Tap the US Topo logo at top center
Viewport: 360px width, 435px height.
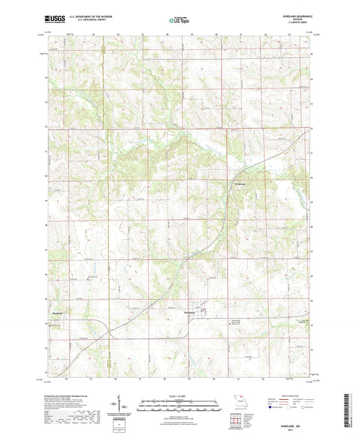[179, 21]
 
